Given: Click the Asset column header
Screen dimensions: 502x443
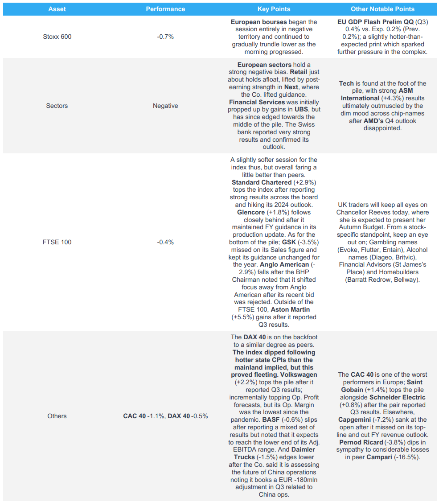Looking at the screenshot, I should pyautogui.click(x=57, y=9).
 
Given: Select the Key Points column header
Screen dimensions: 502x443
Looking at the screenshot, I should pyautogui.click(x=274, y=9).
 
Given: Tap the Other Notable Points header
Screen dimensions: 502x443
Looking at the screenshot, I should pyautogui.click(x=382, y=9).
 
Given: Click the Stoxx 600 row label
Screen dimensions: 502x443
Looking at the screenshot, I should pyautogui.click(x=57, y=37).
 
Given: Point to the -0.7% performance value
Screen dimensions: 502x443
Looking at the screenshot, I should pyautogui.click(x=165, y=37).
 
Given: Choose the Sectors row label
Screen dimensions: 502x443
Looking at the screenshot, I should pyautogui.click(x=57, y=106).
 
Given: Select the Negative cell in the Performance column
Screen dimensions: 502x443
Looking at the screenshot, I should pyautogui.click(x=165, y=106).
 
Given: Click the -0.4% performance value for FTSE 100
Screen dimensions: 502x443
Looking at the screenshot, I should pyautogui.click(x=165, y=242).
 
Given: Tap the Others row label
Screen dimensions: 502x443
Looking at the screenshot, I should pyautogui.click(x=57, y=416).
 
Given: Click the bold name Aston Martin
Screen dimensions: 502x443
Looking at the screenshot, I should pyautogui.click(x=290, y=309).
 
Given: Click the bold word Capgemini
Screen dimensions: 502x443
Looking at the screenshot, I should pyautogui.click(x=357, y=420).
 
